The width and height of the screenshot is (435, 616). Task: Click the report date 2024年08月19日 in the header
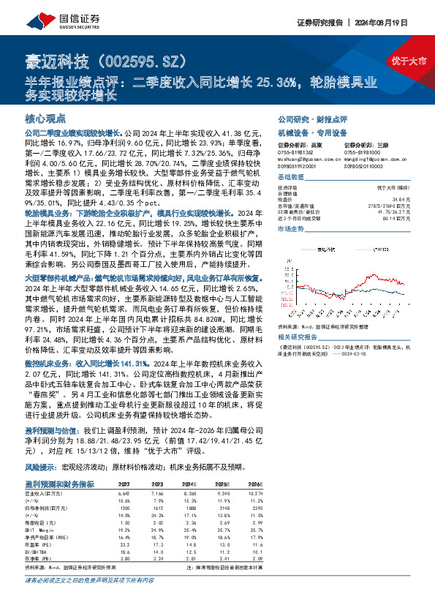pyautogui.click(x=399, y=21)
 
